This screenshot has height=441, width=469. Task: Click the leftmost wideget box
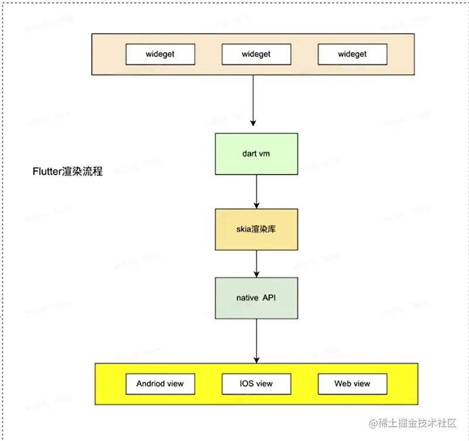point(160,54)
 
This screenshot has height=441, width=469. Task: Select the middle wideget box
point(256,54)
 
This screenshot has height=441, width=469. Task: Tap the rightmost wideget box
point(352,54)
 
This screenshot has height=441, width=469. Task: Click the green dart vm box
point(256,153)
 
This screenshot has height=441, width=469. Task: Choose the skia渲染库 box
point(256,228)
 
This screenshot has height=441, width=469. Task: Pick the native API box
point(256,298)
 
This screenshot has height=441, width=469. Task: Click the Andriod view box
point(160,384)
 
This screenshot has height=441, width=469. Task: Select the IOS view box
point(256,384)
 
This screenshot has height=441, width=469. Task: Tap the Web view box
point(352,384)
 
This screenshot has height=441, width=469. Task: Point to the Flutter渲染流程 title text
point(67,172)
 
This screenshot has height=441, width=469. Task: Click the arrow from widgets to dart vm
point(254,100)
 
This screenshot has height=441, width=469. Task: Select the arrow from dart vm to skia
point(256,191)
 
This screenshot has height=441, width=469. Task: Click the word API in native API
point(271,298)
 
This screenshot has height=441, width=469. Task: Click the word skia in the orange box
point(245,228)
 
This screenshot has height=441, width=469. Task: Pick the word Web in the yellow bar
point(343,384)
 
